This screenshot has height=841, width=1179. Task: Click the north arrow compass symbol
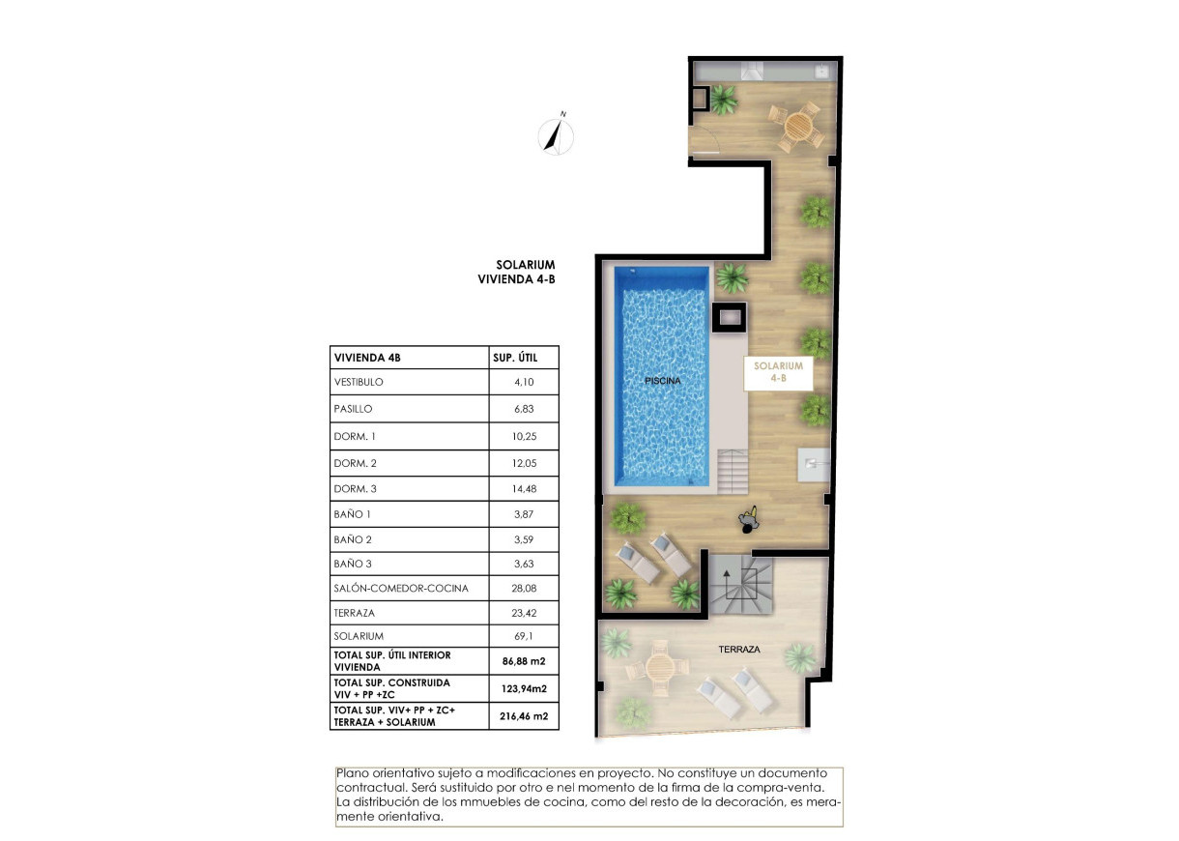click(x=556, y=134)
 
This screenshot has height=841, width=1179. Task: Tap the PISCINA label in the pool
click(x=663, y=381)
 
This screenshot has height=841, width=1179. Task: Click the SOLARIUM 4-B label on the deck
click(x=778, y=373)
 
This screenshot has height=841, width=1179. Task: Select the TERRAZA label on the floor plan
click(x=738, y=651)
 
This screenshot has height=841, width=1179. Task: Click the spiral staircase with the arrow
click(x=740, y=584)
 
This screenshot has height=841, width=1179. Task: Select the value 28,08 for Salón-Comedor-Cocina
click(x=522, y=588)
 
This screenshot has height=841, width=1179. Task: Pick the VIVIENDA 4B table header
click(x=366, y=358)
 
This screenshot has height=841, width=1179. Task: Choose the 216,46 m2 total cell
click(x=523, y=716)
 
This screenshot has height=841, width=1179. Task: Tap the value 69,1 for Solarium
click(x=522, y=636)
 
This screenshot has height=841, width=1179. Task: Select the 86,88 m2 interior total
click(x=523, y=661)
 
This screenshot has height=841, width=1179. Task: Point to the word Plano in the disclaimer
click(x=353, y=773)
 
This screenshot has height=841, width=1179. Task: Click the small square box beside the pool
click(x=729, y=315)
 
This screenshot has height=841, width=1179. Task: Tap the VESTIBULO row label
click(x=359, y=382)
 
